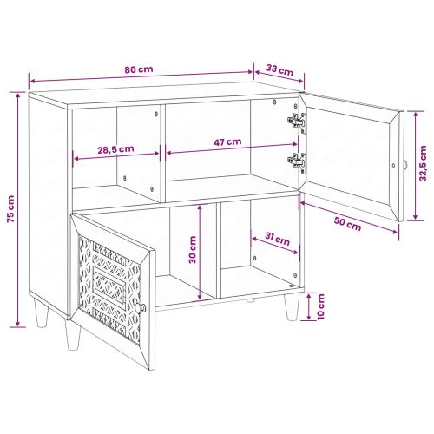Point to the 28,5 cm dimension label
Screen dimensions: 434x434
point(115,148)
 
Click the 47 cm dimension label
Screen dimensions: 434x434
point(227,141)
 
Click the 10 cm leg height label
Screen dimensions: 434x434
point(320,306)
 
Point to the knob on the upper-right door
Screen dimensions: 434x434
point(403,165)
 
